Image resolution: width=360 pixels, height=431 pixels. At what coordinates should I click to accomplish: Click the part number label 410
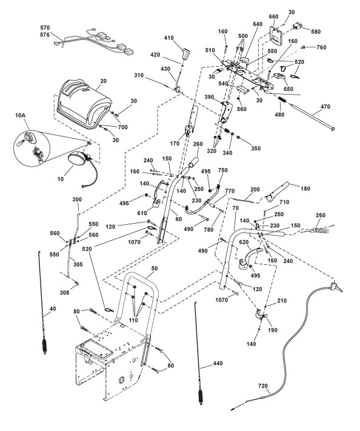(x=169, y=38)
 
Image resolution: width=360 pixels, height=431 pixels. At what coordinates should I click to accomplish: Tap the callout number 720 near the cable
(x=263, y=386)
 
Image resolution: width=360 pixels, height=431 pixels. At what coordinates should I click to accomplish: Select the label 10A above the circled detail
(x=20, y=115)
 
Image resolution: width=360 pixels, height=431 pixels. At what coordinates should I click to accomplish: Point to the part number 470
(x=325, y=106)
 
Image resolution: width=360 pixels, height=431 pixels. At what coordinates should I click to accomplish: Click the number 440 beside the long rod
(x=218, y=363)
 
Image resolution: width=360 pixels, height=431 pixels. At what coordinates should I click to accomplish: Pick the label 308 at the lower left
(x=64, y=293)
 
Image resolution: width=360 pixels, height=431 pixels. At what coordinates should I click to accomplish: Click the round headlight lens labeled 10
(x=76, y=159)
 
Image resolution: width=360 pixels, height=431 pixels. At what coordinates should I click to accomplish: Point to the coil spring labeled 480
(x=282, y=99)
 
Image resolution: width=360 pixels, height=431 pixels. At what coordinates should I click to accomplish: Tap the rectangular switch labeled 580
(x=298, y=26)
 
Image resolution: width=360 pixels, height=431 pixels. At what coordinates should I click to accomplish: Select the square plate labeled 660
(x=275, y=35)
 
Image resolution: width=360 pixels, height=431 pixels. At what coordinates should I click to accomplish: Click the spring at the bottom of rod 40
(x=44, y=347)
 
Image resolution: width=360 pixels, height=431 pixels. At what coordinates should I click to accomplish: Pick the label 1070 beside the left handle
(x=134, y=242)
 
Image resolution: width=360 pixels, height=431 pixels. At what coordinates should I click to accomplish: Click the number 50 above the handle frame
(x=155, y=269)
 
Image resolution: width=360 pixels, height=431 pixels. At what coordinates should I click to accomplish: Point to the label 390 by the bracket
(x=210, y=97)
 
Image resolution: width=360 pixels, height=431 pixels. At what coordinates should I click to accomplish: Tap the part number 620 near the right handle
(x=244, y=242)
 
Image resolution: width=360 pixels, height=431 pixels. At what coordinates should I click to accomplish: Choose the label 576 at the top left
(x=45, y=35)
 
